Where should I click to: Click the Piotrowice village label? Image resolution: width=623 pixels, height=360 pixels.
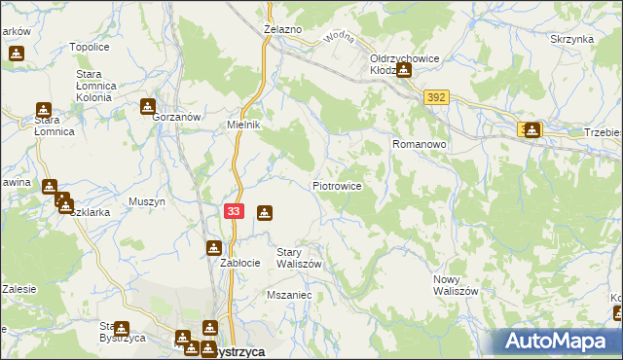[x=338, y=185]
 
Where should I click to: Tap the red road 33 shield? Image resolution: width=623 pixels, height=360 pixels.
[x=233, y=211]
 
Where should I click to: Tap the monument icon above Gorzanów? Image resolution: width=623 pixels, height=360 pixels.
[x=148, y=106]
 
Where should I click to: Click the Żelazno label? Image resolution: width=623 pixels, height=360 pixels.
[x=283, y=30]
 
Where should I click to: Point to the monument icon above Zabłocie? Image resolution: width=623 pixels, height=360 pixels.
[x=214, y=248]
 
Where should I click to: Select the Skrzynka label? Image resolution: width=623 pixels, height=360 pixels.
[x=571, y=39]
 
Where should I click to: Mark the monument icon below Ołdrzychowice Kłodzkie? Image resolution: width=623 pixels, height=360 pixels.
[x=403, y=70]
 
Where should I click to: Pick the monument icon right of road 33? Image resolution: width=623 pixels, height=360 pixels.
[x=264, y=213]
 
